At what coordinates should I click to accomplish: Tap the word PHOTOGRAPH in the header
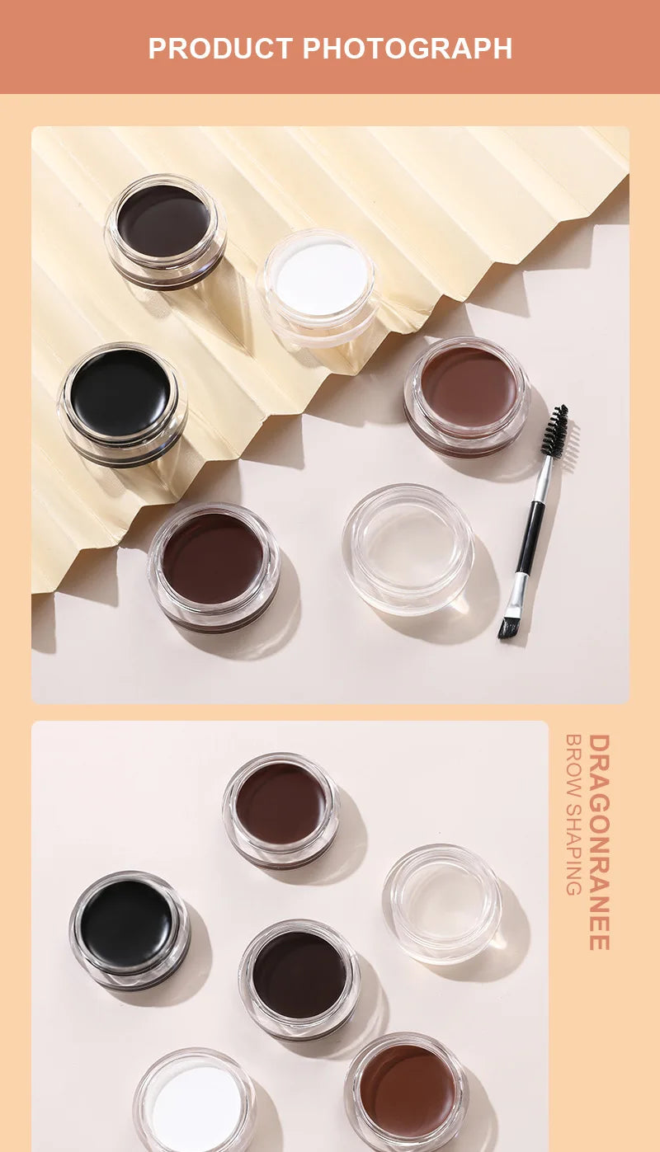(408, 48)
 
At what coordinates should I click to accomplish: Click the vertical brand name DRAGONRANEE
(600, 842)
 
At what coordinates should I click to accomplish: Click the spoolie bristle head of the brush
(554, 433)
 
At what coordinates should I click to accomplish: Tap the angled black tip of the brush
(507, 627)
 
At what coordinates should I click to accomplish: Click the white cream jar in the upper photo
(320, 280)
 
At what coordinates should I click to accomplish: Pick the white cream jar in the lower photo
(196, 1101)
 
